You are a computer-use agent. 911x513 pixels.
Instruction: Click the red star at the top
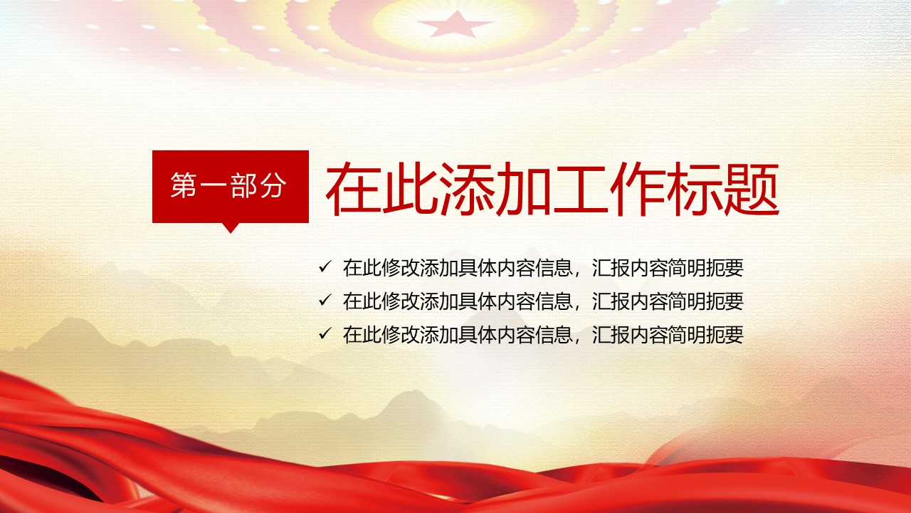click(455, 24)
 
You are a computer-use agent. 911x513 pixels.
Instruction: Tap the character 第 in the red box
click(184, 186)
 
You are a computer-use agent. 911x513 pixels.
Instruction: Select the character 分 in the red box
click(273, 186)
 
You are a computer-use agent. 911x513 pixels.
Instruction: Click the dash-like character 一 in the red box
click(214, 186)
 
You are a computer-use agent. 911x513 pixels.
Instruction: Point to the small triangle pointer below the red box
click(231, 227)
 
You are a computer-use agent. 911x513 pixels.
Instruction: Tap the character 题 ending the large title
click(752, 189)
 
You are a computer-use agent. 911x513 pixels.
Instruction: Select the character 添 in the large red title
click(467, 189)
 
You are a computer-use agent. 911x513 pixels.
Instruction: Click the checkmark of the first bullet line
click(325, 267)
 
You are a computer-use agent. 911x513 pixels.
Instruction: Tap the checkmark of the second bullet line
click(325, 301)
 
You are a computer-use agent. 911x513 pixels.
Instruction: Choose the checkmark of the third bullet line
click(325, 334)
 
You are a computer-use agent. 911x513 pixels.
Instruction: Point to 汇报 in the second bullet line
click(611, 301)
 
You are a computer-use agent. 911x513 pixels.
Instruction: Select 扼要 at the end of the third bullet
click(725, 335)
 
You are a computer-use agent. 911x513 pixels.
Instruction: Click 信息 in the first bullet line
click(554, 268)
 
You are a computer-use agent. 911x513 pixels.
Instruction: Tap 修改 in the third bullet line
click(401, 335)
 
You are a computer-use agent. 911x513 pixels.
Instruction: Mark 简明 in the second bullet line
click(687, 301)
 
